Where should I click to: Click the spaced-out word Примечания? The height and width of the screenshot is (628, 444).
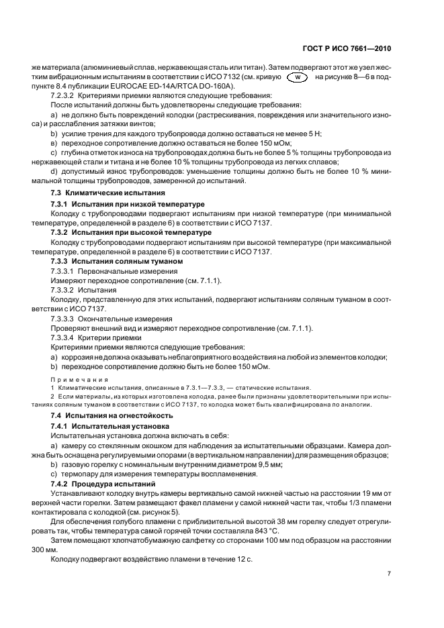coord(80,379)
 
